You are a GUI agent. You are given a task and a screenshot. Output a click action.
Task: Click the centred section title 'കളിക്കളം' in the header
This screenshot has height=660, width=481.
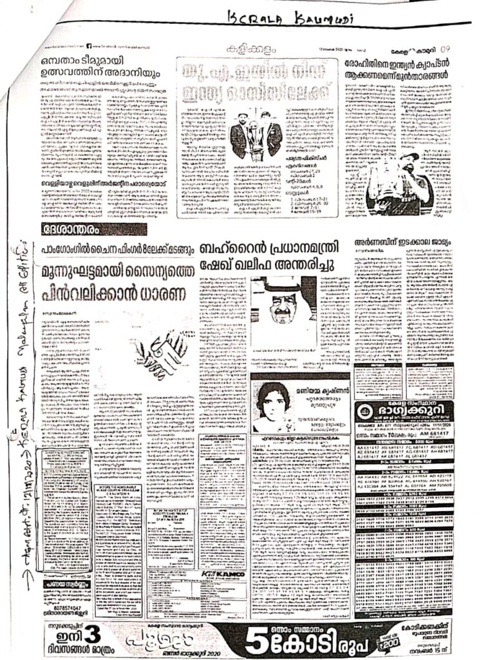[x=244, y=50]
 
